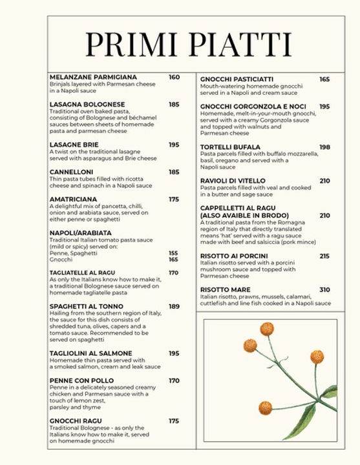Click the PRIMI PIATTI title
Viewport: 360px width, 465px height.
pos(188,44)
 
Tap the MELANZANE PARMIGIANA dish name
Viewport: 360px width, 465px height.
pos(93,77)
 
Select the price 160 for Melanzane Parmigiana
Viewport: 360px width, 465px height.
pos(174,77)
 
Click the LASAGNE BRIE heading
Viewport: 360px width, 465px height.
pos(74,145)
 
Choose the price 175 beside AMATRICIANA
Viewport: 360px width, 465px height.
pos(174,200)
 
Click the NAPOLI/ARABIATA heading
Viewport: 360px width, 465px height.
pos(80,232)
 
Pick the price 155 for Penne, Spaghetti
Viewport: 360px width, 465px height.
pos(173,253)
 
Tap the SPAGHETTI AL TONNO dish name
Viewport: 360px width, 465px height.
pos(86,306)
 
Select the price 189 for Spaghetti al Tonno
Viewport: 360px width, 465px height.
pos(174,306)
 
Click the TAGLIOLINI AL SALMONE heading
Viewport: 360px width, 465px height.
pos(90,353)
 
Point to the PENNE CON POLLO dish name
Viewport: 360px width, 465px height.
pos(82,380)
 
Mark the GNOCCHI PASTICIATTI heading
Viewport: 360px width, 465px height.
pos(237,79)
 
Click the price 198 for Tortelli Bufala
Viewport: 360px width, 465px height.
pos(324,147)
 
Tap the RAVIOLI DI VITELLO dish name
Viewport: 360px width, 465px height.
pos(233,181)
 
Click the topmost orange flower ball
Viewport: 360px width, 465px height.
pos(267,329)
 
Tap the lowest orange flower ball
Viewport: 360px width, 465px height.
pos(265,408)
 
